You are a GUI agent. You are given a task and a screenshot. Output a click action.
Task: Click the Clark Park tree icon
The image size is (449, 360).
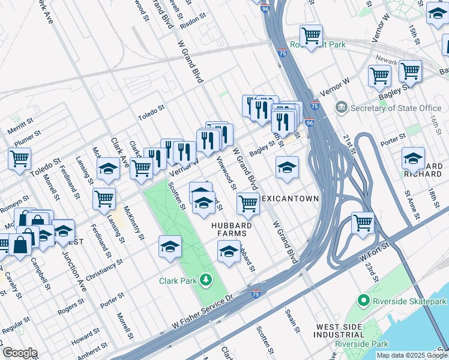point(206,280)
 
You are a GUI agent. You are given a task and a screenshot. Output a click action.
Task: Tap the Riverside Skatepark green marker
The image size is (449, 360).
point(363,301)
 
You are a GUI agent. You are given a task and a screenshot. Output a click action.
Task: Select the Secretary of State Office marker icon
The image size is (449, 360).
point(342,108)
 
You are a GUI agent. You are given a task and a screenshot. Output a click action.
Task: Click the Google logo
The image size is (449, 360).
point(19,353)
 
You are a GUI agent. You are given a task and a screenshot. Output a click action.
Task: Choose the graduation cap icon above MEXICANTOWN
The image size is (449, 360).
point(287,167)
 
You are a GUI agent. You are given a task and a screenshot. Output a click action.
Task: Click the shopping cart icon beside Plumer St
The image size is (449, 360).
point(19,159)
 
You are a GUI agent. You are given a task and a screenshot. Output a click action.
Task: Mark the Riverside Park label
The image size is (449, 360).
point(357,344)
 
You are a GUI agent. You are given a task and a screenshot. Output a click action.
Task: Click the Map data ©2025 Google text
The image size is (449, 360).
point(411,355)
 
